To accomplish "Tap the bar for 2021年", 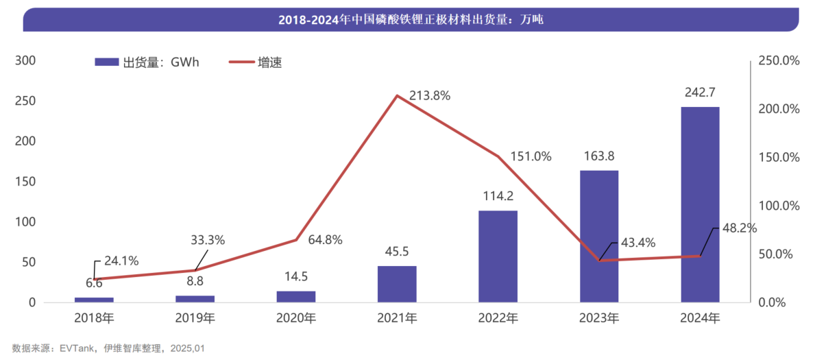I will tap(397, 284).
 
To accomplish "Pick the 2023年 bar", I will tap(599, 236).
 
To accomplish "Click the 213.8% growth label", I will tap(430, 96).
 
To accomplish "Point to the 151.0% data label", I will tap(531, 156).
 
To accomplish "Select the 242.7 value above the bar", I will tap(700, 93).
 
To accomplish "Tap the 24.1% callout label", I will tap(121, 261).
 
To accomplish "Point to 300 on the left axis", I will tap(25, 61).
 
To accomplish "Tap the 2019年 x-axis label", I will tap(195, 318).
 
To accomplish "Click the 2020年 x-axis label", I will tap(296, 318).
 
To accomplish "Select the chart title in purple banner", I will tap(411, 20).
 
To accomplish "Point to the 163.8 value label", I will tap(599, 156).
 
